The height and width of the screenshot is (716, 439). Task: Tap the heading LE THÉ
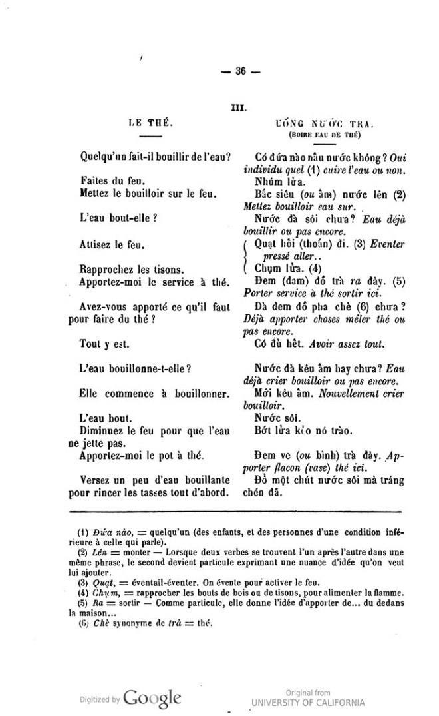(x=151, y=123)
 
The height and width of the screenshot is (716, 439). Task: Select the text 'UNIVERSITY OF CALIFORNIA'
(x=308, y=703)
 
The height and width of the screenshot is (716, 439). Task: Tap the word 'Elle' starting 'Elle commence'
(x=90, y=393)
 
